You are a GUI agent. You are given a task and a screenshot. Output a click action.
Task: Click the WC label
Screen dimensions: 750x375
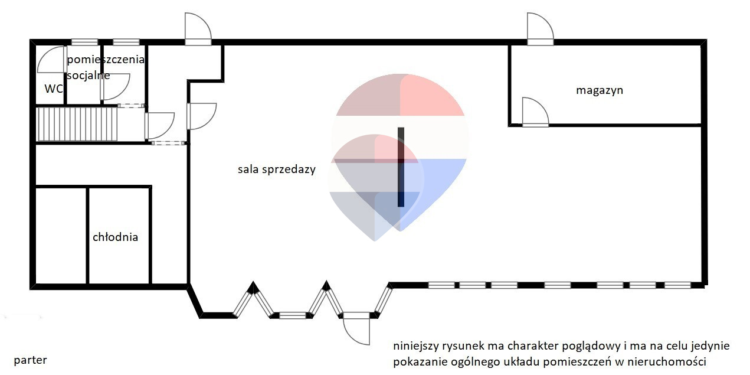(x=54, y=89)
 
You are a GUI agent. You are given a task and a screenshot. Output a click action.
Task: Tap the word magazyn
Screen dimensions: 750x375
(x=600, y=90)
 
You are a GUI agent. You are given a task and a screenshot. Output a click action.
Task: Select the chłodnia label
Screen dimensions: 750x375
(x=115, y=237)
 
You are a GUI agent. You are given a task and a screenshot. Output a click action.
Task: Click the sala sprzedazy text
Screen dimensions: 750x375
(x=277, y=169)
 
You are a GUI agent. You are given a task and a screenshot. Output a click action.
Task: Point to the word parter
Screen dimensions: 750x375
(x=31, y=361)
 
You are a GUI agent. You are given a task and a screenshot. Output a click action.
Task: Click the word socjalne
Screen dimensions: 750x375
(x=89, y=76)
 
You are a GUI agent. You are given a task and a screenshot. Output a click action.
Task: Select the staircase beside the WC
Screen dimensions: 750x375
(x=77, y=123)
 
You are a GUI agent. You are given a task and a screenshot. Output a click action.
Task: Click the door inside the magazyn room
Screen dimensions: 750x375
(x=535, y=112)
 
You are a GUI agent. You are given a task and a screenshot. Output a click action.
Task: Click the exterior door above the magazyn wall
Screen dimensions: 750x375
(x=541, y=29)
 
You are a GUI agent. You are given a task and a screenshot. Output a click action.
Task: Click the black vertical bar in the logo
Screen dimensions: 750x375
(x=401, y=167)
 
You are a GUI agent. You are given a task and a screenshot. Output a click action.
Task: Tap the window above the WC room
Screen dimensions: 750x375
(x=85, y=43)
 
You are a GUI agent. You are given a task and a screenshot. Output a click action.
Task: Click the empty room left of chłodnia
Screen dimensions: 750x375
(x=61, y=236)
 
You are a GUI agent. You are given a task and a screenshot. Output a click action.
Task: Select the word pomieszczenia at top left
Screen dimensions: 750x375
(x=106, y=60)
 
